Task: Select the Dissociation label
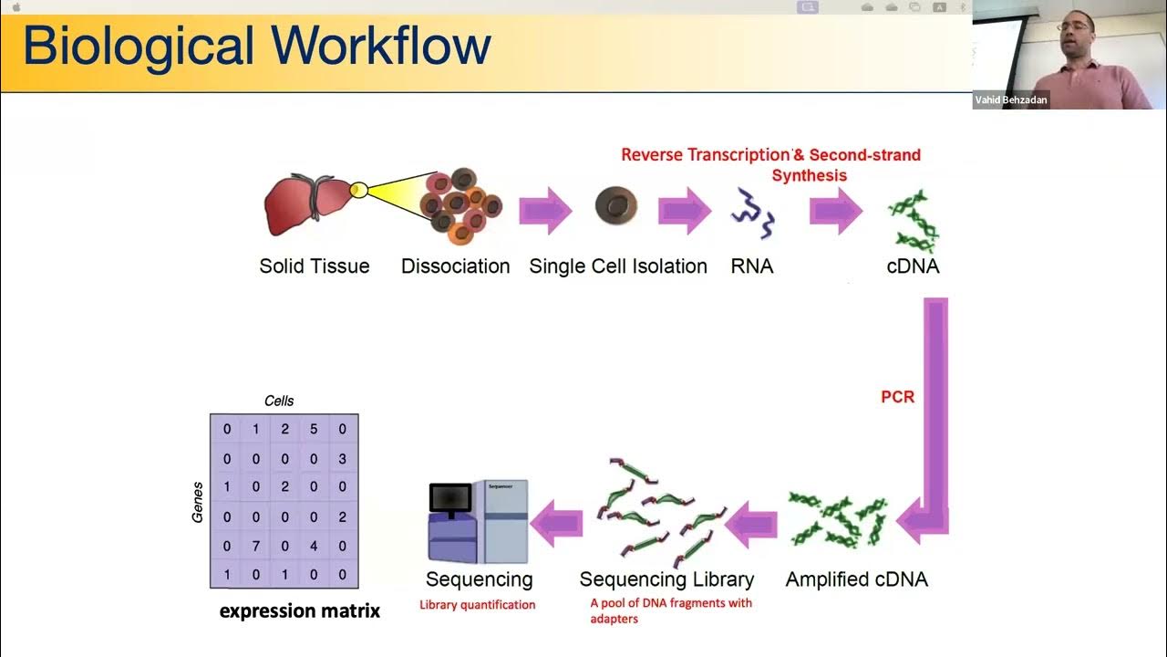pos(455,266)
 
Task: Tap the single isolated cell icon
pos(615,206)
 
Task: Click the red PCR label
pos(897,397)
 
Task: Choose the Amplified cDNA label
pos(856,579)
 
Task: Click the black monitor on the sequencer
pos(450,497)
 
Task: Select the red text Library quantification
pos(477,604)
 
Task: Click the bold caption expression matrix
pos(299,610)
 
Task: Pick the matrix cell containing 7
pos(256,546)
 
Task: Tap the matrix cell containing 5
pos(314,429)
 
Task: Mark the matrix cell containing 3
pos(343,458)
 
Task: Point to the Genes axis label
pos(197,502)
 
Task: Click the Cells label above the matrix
pos(279,401)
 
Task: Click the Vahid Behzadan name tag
pos(1011,100)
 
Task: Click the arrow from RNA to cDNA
pos(835,212)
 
